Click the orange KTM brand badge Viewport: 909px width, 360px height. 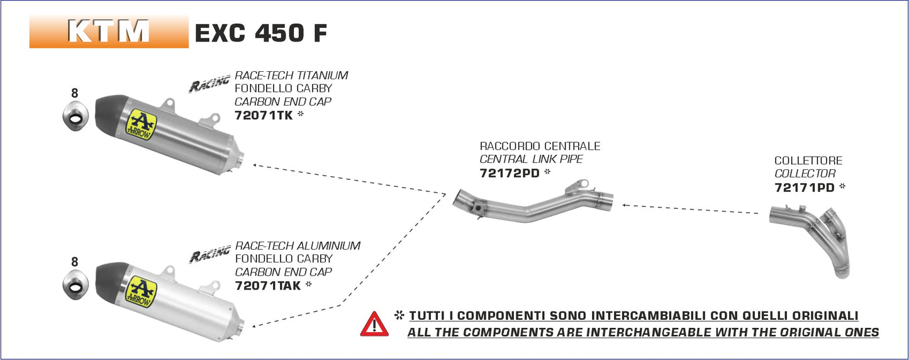[109, 31]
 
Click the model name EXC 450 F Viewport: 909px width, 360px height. [260, 33]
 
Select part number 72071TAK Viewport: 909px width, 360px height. [267, 285]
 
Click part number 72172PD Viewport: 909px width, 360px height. [510, 173]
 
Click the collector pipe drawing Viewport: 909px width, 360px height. [811, 236]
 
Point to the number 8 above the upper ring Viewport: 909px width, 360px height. [75, 93]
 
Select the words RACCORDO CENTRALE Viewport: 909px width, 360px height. [540, 146]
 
